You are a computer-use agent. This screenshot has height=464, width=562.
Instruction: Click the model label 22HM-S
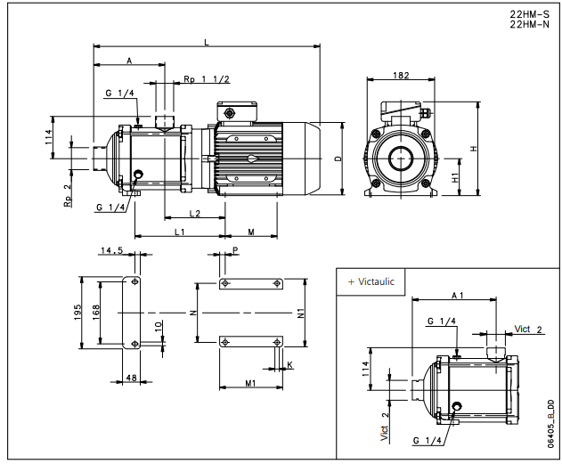point(528,14)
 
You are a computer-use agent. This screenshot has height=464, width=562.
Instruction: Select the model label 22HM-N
point(528,25)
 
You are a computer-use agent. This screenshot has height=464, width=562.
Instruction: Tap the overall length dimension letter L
point(207,42)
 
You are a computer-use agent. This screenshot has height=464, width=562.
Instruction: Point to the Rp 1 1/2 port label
point(207,80)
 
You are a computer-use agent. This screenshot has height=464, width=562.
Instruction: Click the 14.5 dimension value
point(112,251)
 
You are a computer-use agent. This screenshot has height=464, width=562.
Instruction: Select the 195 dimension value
point(78,311)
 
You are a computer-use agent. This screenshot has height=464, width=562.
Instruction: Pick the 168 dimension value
point(97,311)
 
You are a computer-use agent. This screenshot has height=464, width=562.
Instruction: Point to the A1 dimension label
point(457,293)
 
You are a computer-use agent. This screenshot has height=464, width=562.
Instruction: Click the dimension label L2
point(194,213)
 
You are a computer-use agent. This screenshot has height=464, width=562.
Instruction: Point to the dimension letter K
point(289,365)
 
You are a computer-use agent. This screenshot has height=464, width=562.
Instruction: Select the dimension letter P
point(235,252)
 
